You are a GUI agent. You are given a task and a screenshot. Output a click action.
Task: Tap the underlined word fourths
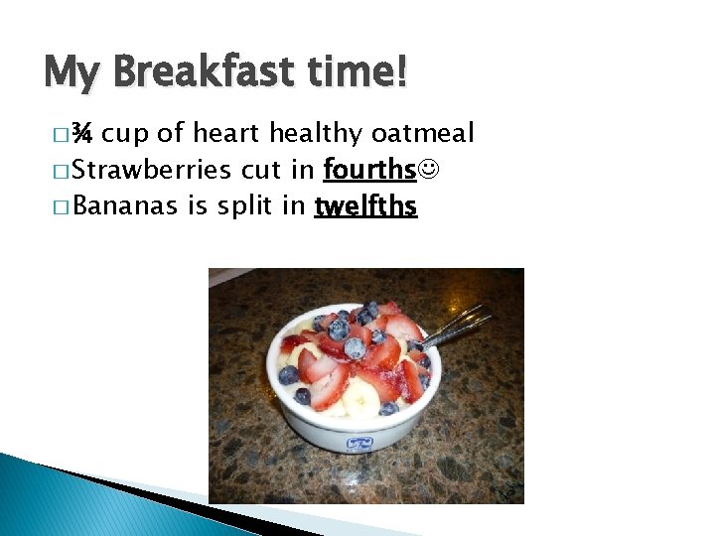[x=369, y=171]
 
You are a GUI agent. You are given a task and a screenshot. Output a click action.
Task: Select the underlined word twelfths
[x=365, y=206]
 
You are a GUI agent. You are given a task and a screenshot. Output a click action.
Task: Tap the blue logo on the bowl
[x=360, y=443]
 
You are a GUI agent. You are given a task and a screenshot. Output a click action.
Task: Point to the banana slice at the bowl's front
[x=360, y=401]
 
